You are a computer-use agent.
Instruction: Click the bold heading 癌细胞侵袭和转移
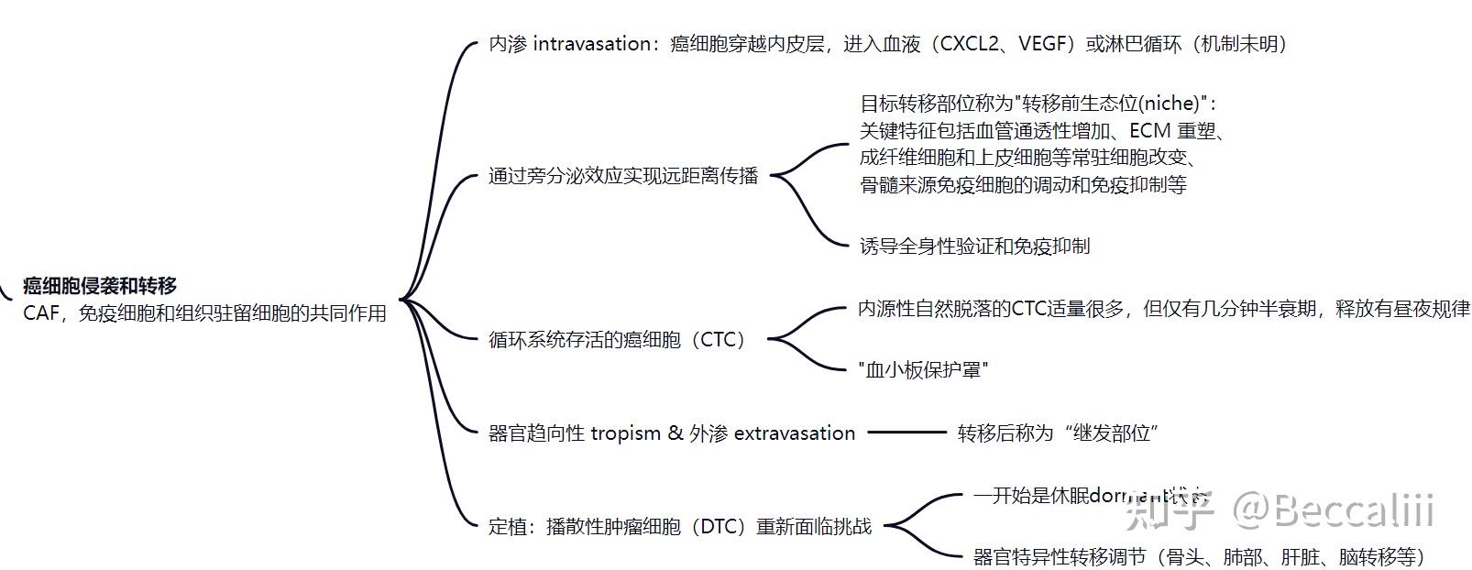tap(100, 285)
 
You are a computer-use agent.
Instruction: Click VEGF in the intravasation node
tap(1044, 44)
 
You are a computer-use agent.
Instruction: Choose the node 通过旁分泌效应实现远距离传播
tap(623, 176)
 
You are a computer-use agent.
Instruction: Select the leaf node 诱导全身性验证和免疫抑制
tap(974, 246)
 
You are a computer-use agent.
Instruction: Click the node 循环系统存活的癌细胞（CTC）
tap(620, 340)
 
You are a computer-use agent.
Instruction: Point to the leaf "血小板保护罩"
tap(923, 369)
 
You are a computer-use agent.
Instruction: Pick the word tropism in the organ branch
tap(625, 433)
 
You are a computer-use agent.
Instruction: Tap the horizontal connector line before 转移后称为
tap(906, 433)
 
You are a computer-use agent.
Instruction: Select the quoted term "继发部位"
tap(1113, 433)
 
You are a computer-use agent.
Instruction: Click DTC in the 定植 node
tap(724, 527)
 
